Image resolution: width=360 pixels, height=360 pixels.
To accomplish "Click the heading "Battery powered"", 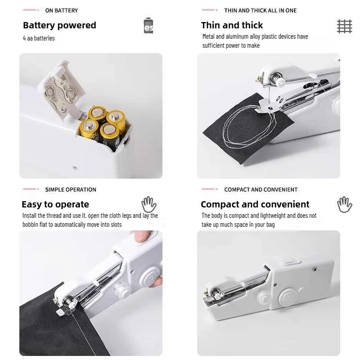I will pyautogui.click(x=59, y=25).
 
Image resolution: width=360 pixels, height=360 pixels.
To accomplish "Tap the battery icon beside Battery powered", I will pyautogui.click(x=148, y=26).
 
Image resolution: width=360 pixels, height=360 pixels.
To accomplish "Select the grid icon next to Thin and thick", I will pyautogui.click(x=345, y=26).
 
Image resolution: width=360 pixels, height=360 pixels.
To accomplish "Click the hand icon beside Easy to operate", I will pyautogui.click(x=149, y=204).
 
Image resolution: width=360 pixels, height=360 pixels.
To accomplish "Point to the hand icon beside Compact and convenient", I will pyautogui.click(x=345, y=204).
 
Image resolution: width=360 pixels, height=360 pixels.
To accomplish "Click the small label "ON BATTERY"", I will pyautogui.click(x=61, y=10).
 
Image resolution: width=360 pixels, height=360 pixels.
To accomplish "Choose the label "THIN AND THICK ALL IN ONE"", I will pyautogui.click(x=260, y=10).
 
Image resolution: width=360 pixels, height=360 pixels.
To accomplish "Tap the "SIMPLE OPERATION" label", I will pyautogui.click(x=71, y=189).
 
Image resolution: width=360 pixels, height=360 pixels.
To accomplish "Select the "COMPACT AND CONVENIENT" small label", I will pyautogui.click(x=261, y=189).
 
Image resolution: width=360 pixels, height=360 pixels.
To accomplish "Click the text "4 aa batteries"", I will pyautogui.click(x=39, y=38).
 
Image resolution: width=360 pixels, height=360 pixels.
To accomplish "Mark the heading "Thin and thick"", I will pyautogui.click(x=232, y=25).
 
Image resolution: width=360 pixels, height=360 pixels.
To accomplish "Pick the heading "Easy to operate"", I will pyautogui.click(x=55, y=204).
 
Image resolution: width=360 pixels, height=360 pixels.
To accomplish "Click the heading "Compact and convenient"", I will pyautogui.click(x=255, y=204).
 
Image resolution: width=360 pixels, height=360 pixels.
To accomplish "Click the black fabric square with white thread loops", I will pyautogui.click(x=243, y=128).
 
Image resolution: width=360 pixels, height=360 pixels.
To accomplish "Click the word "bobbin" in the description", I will pyautogui.click(x=31, y=225).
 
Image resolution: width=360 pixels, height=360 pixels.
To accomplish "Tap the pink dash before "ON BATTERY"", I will pyautogui.click(x=31, y=10).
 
